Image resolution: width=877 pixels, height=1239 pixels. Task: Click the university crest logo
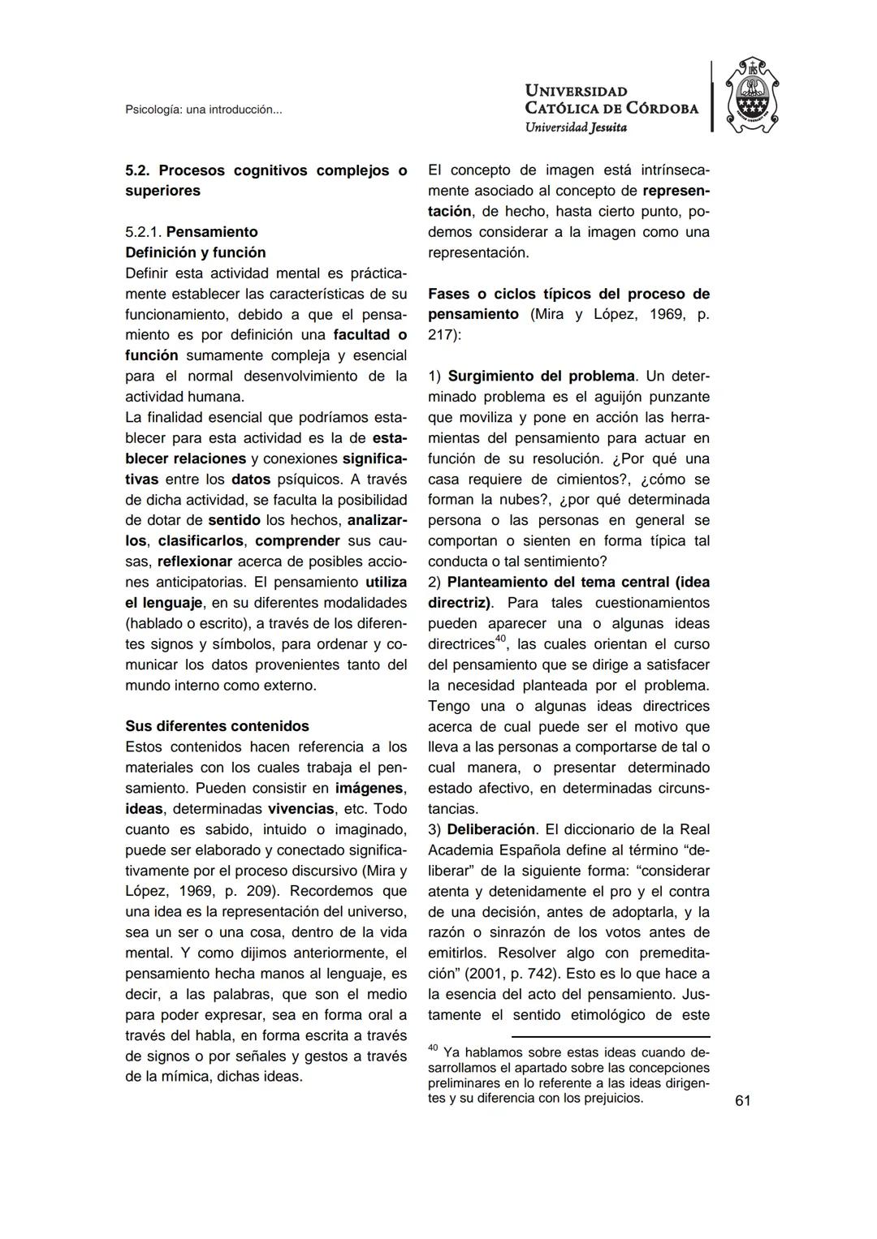point(751,96)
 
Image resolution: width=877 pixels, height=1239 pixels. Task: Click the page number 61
point(742,1100)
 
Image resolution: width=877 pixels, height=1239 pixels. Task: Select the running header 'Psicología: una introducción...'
point(203,110)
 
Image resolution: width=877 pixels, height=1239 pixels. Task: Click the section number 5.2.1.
point(144,232)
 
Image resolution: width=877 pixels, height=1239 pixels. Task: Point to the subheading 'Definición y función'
point(195,252)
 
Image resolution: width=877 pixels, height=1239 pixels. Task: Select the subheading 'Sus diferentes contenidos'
point(217,726)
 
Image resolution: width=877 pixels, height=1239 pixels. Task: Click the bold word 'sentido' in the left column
point(234,520)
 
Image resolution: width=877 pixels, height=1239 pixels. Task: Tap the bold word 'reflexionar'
point(195,561)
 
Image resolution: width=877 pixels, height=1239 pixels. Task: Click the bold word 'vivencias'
point(300,809)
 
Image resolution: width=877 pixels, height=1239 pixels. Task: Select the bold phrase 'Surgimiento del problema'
point(541,376)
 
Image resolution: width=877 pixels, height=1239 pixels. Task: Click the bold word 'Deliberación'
point(491,829)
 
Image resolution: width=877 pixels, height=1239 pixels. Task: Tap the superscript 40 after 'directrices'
point(502,639)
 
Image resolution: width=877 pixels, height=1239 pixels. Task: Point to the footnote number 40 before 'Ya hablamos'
point(433,1048)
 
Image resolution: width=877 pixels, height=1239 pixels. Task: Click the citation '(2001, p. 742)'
point(513,974)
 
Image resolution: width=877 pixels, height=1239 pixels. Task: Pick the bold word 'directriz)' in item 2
point(460,603)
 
